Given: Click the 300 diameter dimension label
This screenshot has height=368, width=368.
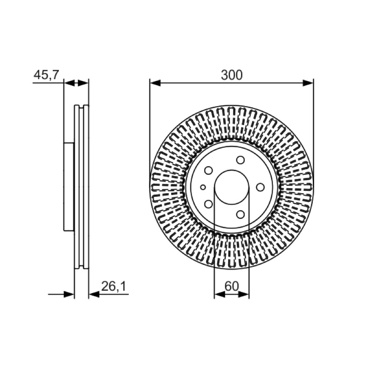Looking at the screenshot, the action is click(231, 75).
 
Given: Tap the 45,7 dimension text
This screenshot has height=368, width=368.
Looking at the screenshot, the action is click(46, 75).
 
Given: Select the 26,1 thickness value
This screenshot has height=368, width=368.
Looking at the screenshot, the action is click(114, 286).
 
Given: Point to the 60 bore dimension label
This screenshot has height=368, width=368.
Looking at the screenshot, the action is click(231, 286).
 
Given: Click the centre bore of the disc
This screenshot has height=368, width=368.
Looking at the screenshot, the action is click(232, 187).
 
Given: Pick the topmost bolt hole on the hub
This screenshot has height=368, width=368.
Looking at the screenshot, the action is click(240, 160).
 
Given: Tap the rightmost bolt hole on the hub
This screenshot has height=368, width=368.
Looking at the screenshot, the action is click(260, 187).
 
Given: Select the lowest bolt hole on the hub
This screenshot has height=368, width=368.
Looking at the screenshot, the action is click(240, 214).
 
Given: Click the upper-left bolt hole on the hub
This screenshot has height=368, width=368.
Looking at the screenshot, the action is click(208, 170).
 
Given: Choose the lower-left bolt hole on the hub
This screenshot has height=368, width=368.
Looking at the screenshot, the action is click(208, 204).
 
